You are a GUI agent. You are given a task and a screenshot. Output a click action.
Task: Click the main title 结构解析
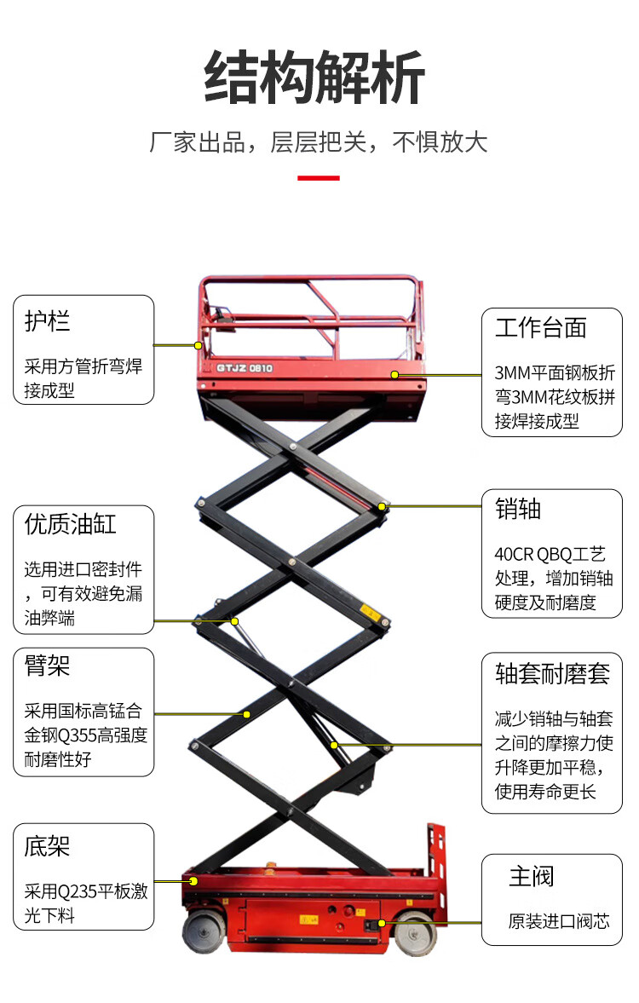point(314,78)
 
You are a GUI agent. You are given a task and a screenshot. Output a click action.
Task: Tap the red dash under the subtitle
point(319,178)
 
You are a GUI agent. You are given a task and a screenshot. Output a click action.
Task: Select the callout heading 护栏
point(48,321)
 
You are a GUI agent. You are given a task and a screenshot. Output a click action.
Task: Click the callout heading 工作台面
point(541,328)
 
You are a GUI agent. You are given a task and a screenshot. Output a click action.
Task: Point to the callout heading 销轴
point(518,510)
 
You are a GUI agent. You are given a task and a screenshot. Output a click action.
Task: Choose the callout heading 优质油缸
point(71,524)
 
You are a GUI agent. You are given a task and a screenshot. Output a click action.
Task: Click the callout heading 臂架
point(48,666)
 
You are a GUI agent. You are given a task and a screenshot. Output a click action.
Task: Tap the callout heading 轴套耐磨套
point(553,673)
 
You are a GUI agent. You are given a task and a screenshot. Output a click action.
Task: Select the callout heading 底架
point(48,846)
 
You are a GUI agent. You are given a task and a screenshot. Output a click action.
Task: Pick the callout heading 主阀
point(531,876)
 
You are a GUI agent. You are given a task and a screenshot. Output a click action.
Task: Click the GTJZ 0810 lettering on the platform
point(245,368)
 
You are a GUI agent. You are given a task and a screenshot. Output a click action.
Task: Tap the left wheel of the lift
point(202,931)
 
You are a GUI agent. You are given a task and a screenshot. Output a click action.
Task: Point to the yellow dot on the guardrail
point(198,345)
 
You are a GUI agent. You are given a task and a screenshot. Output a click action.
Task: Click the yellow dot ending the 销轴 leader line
point(383,506)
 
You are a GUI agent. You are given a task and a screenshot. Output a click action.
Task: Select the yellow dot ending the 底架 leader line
point(193,881)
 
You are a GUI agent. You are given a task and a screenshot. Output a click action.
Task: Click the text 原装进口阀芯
point(559,921)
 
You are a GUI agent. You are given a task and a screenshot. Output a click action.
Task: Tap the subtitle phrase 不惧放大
point(440,141)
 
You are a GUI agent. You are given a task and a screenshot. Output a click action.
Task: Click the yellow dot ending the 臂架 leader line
point(247,713)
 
